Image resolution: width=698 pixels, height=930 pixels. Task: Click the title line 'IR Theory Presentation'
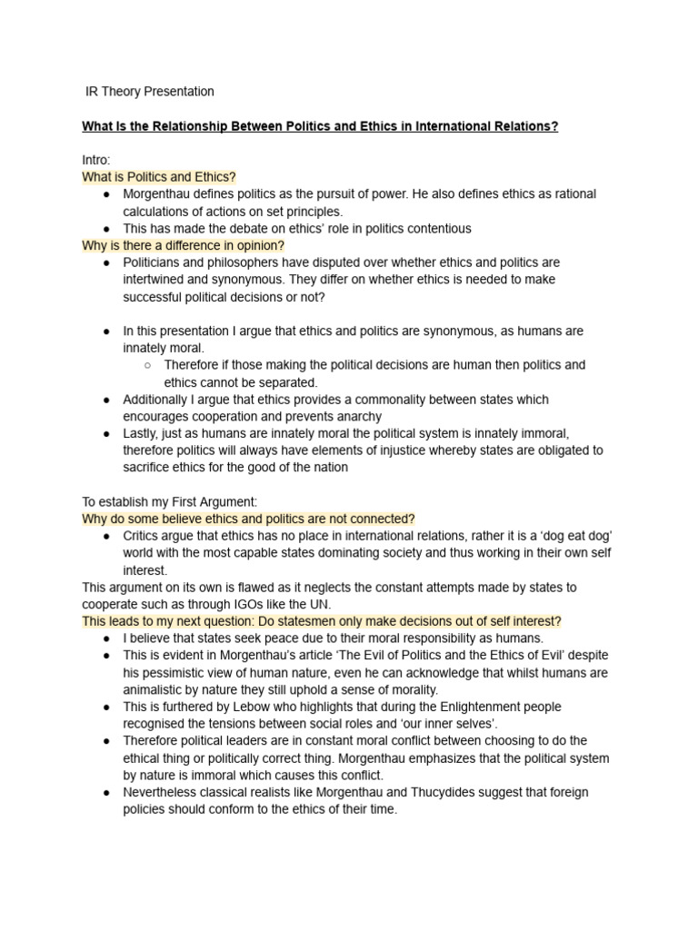tap(148, 92)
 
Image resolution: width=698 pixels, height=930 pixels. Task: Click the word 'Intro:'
tap(95, 160)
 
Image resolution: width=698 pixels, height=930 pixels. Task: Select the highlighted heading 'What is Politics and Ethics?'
tap(158, 177)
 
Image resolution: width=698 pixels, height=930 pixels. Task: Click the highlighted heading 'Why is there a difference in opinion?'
tap(183, 245)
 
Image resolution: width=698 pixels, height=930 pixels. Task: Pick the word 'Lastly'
tap(142, 434)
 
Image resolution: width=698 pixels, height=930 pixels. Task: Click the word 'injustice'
tap(364, 451)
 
